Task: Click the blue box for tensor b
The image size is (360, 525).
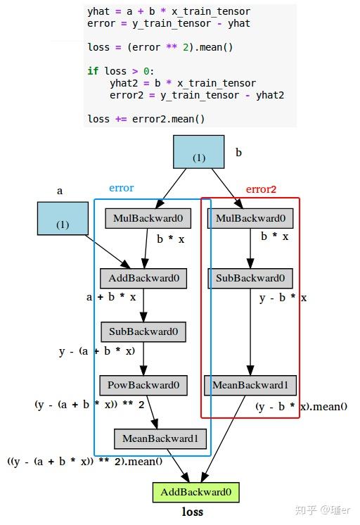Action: click(x=198, y=151)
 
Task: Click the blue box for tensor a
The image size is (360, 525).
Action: click(x=63, y=218)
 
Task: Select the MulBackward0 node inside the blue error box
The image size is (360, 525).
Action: click(x=148, y=219)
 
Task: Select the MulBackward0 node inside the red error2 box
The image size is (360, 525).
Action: click(x=250, y=219)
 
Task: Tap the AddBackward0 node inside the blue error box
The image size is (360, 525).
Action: click(x=143, y=279)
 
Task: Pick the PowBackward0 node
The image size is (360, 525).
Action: click(x=143, y=386)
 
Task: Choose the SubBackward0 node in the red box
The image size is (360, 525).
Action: click(x=250, y=279)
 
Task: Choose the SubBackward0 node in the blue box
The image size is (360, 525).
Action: click(x=143, y=331)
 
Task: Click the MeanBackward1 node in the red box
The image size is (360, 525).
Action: click(x=250, y=386)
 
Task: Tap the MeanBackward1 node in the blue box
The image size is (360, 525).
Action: click(x=160, y=439)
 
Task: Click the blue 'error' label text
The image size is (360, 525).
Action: click(x=121, y=189)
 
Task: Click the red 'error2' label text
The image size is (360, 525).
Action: click(x=261, y=189)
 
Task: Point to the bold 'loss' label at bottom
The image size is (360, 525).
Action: click(x=193, y=512)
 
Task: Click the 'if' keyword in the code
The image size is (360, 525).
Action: click(x=93, y=71)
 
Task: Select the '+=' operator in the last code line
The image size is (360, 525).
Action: click(x=121, y=119)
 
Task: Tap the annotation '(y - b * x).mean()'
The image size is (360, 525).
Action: click(x=301, y=407)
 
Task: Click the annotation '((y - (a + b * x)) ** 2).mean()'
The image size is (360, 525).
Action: click(x=85, y=462)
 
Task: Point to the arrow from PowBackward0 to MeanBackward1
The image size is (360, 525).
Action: click(x=152, y=412)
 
